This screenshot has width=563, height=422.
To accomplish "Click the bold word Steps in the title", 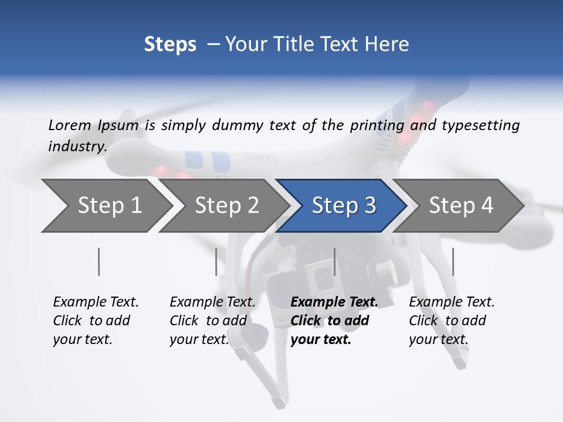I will click(170, 45).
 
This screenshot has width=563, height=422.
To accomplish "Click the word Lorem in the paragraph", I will click(69, 125).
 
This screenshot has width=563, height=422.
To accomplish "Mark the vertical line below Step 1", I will click(99, 261).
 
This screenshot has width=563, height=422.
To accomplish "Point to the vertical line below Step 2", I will click(216, 261).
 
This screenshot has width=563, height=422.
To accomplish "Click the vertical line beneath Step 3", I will click(334, 261).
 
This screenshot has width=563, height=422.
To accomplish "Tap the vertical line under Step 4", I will click(453, 261).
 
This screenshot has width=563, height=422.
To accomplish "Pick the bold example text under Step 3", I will click(334, 321).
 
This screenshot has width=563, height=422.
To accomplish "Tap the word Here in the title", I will click(391, 45).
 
